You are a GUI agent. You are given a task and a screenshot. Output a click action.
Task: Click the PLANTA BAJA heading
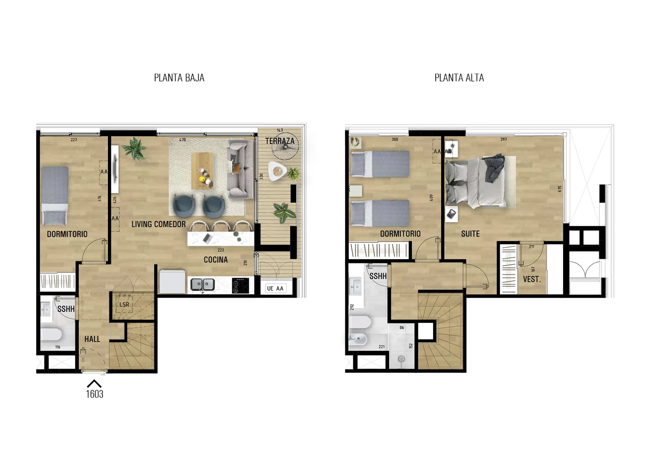tap(179, 78)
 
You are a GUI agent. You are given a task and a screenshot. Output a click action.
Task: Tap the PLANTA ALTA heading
tap(459, 78)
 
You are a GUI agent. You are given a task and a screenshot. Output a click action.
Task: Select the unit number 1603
tap(95, 394)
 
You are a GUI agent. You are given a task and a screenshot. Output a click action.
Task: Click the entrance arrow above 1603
tap(94, 383)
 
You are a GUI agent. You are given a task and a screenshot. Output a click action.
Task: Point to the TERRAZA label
tap(280, 141)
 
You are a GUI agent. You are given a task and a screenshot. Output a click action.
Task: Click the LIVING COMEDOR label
tap(158, 224)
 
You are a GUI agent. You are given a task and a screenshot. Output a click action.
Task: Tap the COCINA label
tap(216, 260)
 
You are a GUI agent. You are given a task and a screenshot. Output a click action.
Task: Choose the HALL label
tap(92, 339)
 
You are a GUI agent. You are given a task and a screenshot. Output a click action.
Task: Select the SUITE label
tap(470, 234)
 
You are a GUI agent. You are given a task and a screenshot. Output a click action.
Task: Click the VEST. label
tap(532, 279)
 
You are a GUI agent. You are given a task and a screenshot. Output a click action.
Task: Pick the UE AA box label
tap(275, 289)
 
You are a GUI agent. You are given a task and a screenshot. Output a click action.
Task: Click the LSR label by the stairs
tap(124, 304)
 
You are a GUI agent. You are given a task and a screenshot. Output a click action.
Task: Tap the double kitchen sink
tap(203, 285)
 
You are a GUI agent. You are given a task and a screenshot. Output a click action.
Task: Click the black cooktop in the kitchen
tap(240, 286)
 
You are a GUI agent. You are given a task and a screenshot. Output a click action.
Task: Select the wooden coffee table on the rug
tap(203, 171)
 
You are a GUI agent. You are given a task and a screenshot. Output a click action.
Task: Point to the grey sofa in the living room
tap(240, 169)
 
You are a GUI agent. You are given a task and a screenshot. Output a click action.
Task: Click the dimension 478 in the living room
tap(182, 140)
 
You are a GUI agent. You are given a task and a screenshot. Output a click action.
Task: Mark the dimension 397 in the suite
tap(504, 139)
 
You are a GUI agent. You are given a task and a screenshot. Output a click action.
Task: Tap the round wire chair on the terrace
tap(286, 146)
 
